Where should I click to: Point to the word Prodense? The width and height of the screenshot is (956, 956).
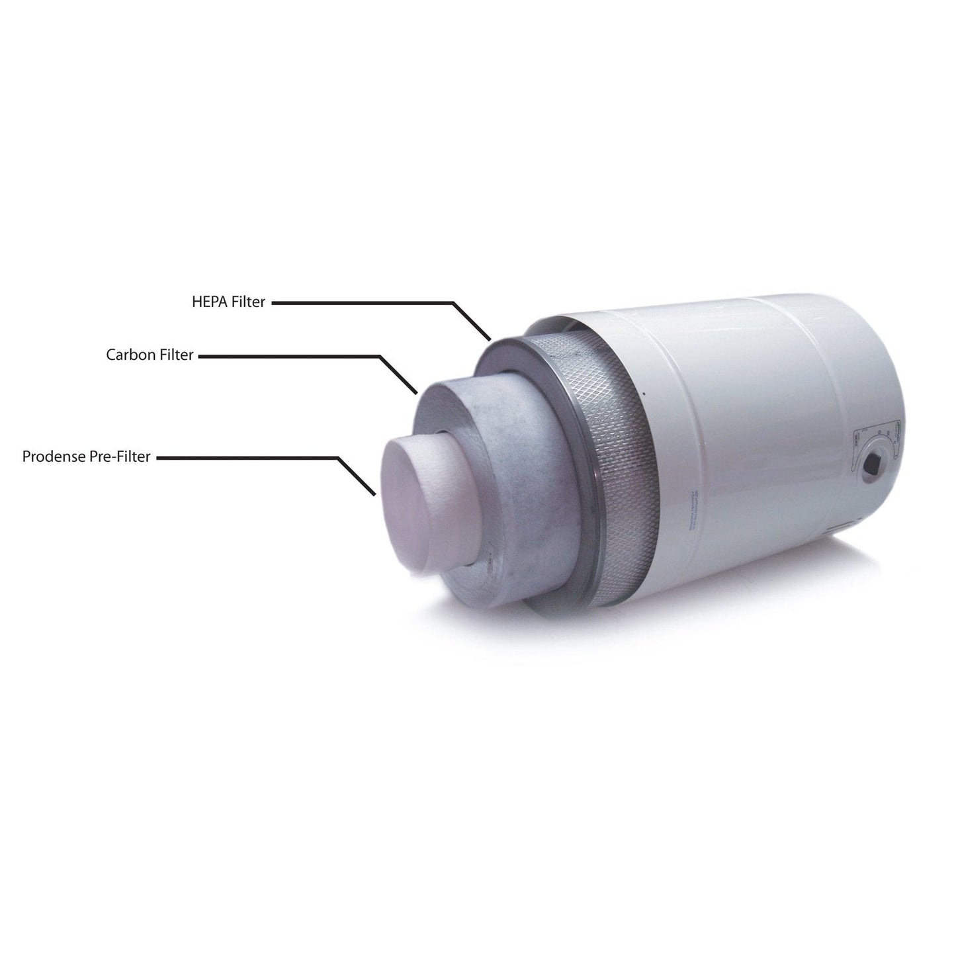point(54,456)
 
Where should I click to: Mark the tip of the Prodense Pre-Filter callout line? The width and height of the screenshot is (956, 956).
point(375,494)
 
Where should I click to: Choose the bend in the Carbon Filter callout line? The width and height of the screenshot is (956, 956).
point(379,356)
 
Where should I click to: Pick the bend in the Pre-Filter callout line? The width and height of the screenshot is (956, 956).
point(338,457)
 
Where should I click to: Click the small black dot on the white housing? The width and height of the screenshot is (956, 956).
point(642,393)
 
